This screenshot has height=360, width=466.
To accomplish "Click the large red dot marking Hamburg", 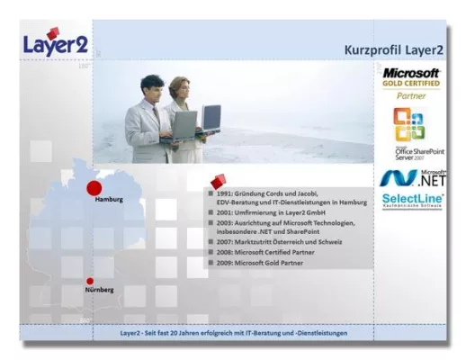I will click(x=94, y=187).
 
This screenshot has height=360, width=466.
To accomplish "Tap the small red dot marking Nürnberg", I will click(x=90, y=281).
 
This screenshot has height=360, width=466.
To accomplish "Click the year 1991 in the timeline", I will click(x=224, y=193).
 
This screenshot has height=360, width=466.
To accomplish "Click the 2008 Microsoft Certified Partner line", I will click(x=269, y=254).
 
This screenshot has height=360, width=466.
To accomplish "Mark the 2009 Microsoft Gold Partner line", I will click(x=262, y=265).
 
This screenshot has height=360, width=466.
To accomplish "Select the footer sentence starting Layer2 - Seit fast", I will click(x=234, y=333).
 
